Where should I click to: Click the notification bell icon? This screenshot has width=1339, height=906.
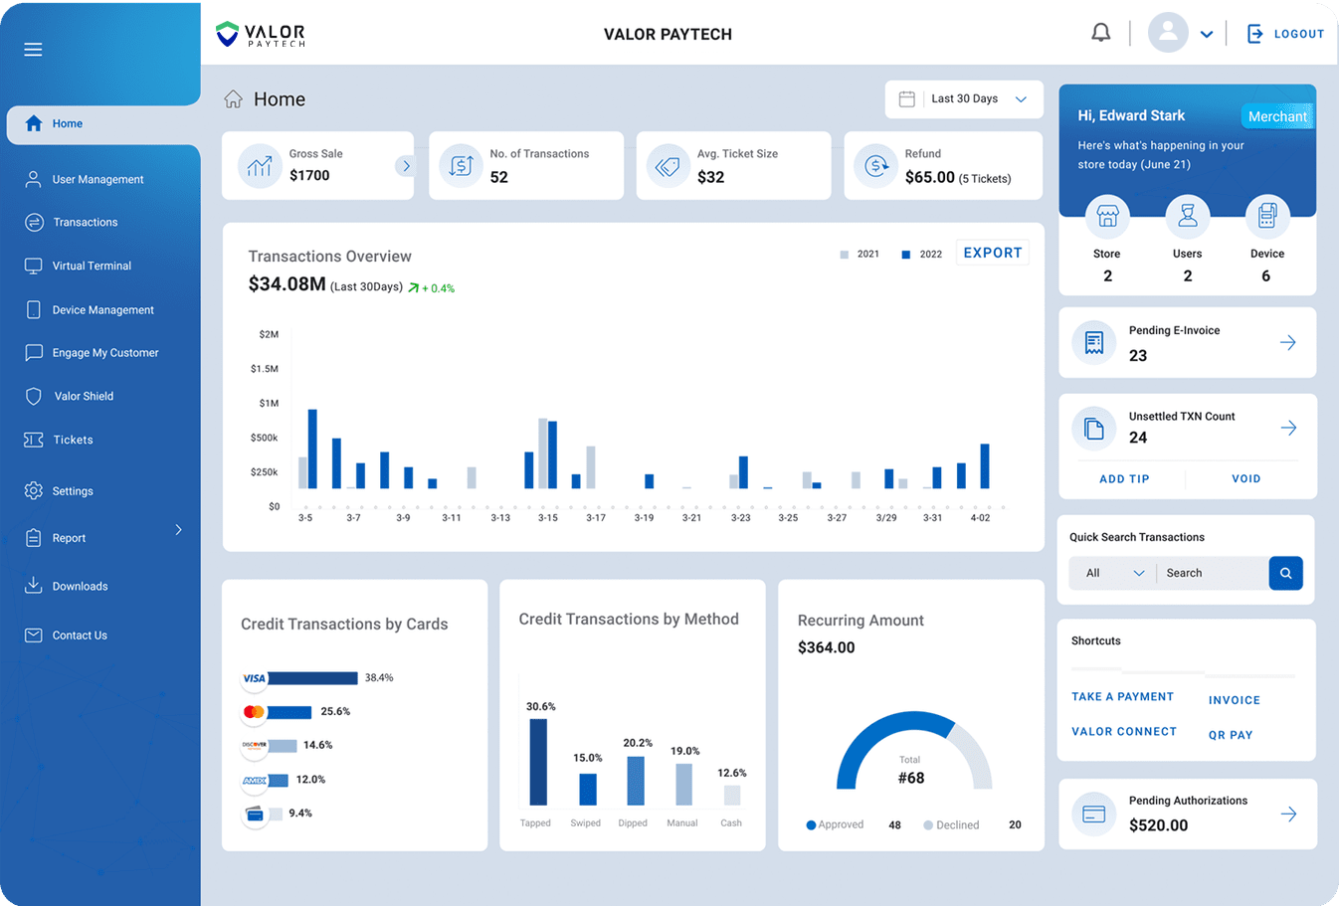point(1100,33)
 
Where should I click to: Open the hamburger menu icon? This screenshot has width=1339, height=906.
point(33,50)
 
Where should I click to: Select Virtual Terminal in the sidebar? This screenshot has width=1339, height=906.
point(92,266)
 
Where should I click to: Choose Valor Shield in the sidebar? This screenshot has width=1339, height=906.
point(84,396)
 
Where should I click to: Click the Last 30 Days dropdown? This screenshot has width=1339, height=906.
point(963,99)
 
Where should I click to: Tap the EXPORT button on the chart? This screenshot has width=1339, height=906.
point(992,253)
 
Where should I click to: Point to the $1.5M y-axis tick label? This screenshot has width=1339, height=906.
point(265,369)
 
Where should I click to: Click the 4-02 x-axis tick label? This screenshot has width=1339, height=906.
point(980,517)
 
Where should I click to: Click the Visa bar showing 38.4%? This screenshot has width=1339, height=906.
point(311,678)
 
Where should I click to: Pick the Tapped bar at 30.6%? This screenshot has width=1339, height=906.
point(538,761)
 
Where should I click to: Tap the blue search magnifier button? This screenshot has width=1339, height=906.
point(1285,573)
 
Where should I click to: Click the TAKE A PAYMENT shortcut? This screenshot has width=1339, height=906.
point(1122,697)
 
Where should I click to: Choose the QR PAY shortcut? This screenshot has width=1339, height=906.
point(1231,735)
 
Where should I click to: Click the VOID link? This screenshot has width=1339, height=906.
point(1245,478)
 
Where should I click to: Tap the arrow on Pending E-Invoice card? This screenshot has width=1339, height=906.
point(1287,343)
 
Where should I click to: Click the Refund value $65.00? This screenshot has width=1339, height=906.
point(929,177)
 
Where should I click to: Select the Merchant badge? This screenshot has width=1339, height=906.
point(1277,116)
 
